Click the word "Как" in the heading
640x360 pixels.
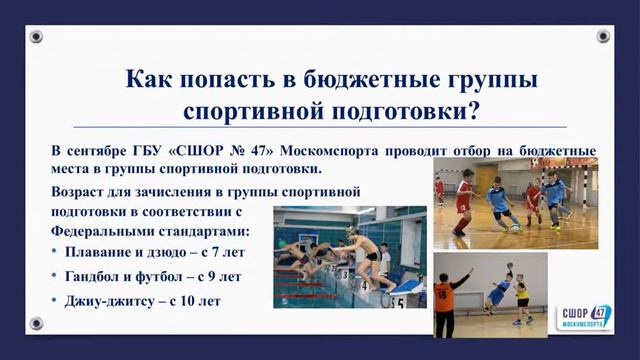[148, 78]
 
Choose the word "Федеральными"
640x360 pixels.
[97, 230]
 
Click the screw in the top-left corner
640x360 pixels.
[36, 37]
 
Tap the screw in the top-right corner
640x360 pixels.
[603, 37]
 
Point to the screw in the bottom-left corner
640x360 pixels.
[36, 323]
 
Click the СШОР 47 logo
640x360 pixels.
[584, 318]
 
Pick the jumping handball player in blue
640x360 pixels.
[498, 291]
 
